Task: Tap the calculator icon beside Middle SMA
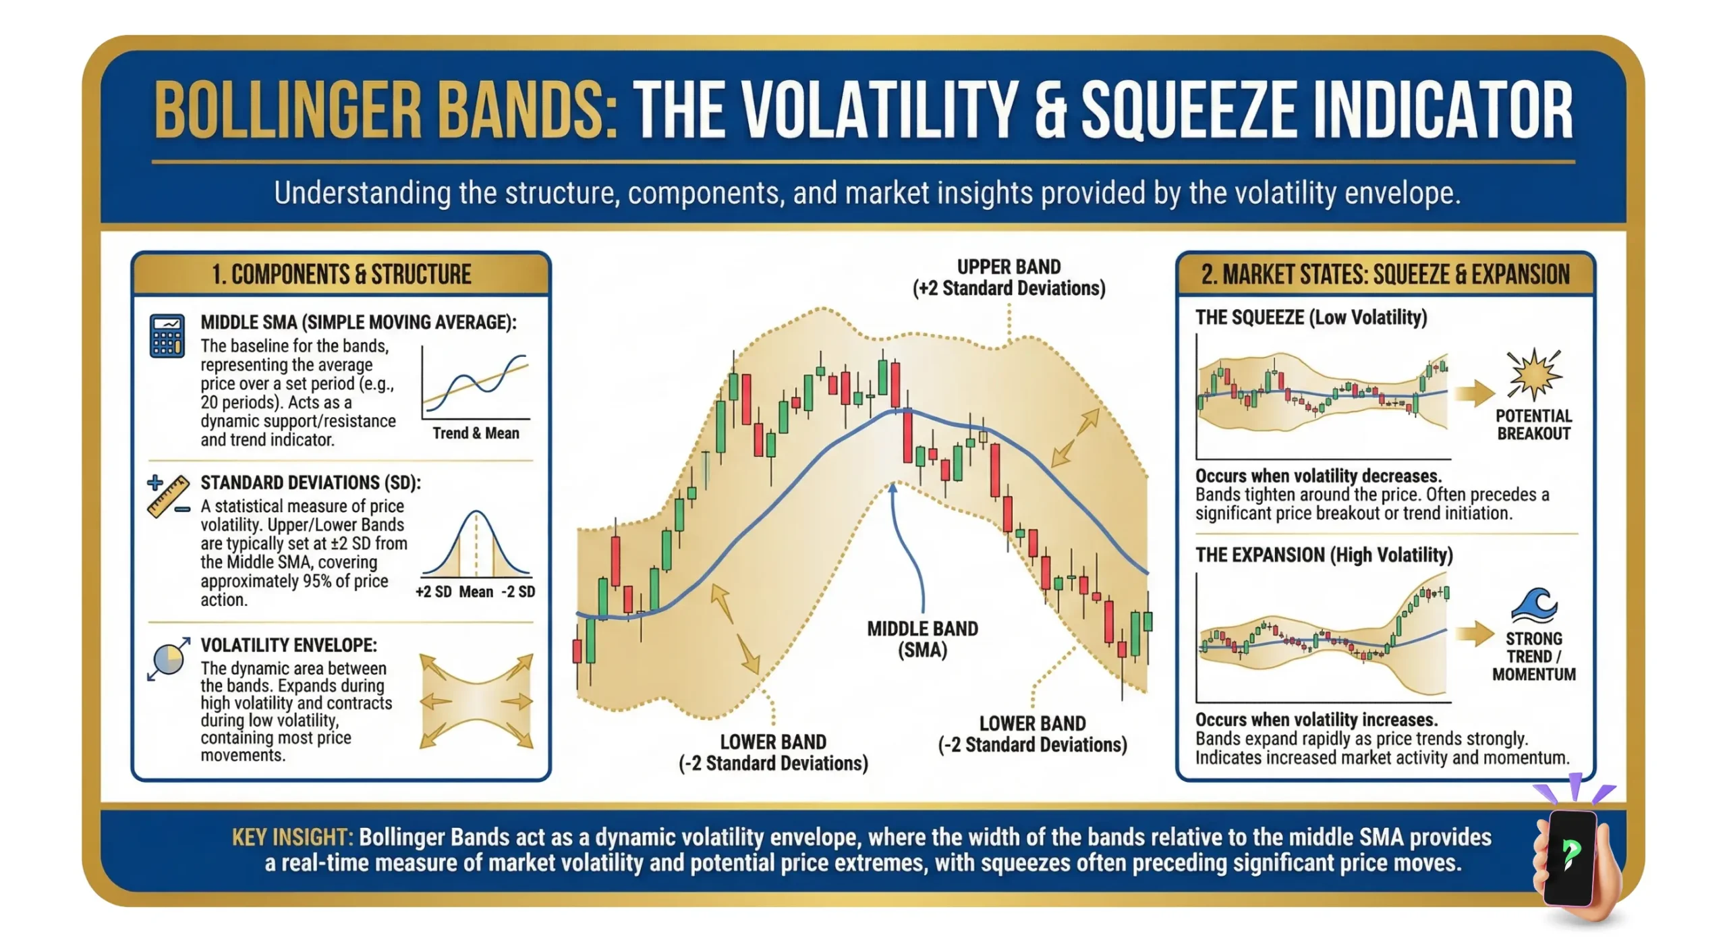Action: pos(167,335)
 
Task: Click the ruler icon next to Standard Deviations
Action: pos(168,497)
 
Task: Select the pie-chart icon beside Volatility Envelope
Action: pos(168,658)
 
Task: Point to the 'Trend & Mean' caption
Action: pos(476,433)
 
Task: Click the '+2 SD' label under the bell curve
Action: pos(433,592)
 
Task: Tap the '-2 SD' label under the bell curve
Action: pos(518,592)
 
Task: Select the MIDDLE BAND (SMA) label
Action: pos(922,639)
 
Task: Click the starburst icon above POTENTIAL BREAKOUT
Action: pos(1534,374)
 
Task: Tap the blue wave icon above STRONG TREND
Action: pos(1534,605)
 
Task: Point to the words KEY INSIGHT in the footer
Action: pos(292,837)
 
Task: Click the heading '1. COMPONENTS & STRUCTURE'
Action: pos(341,275)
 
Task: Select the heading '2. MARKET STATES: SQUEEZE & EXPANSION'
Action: pos(1385,275)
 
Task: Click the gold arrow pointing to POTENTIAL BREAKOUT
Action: pos(1473,393)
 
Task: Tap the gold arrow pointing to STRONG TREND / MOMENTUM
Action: pos(1473,633)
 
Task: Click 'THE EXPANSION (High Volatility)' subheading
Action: pos(1324,555)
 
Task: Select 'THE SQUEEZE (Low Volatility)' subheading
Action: pos(1311,317)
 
